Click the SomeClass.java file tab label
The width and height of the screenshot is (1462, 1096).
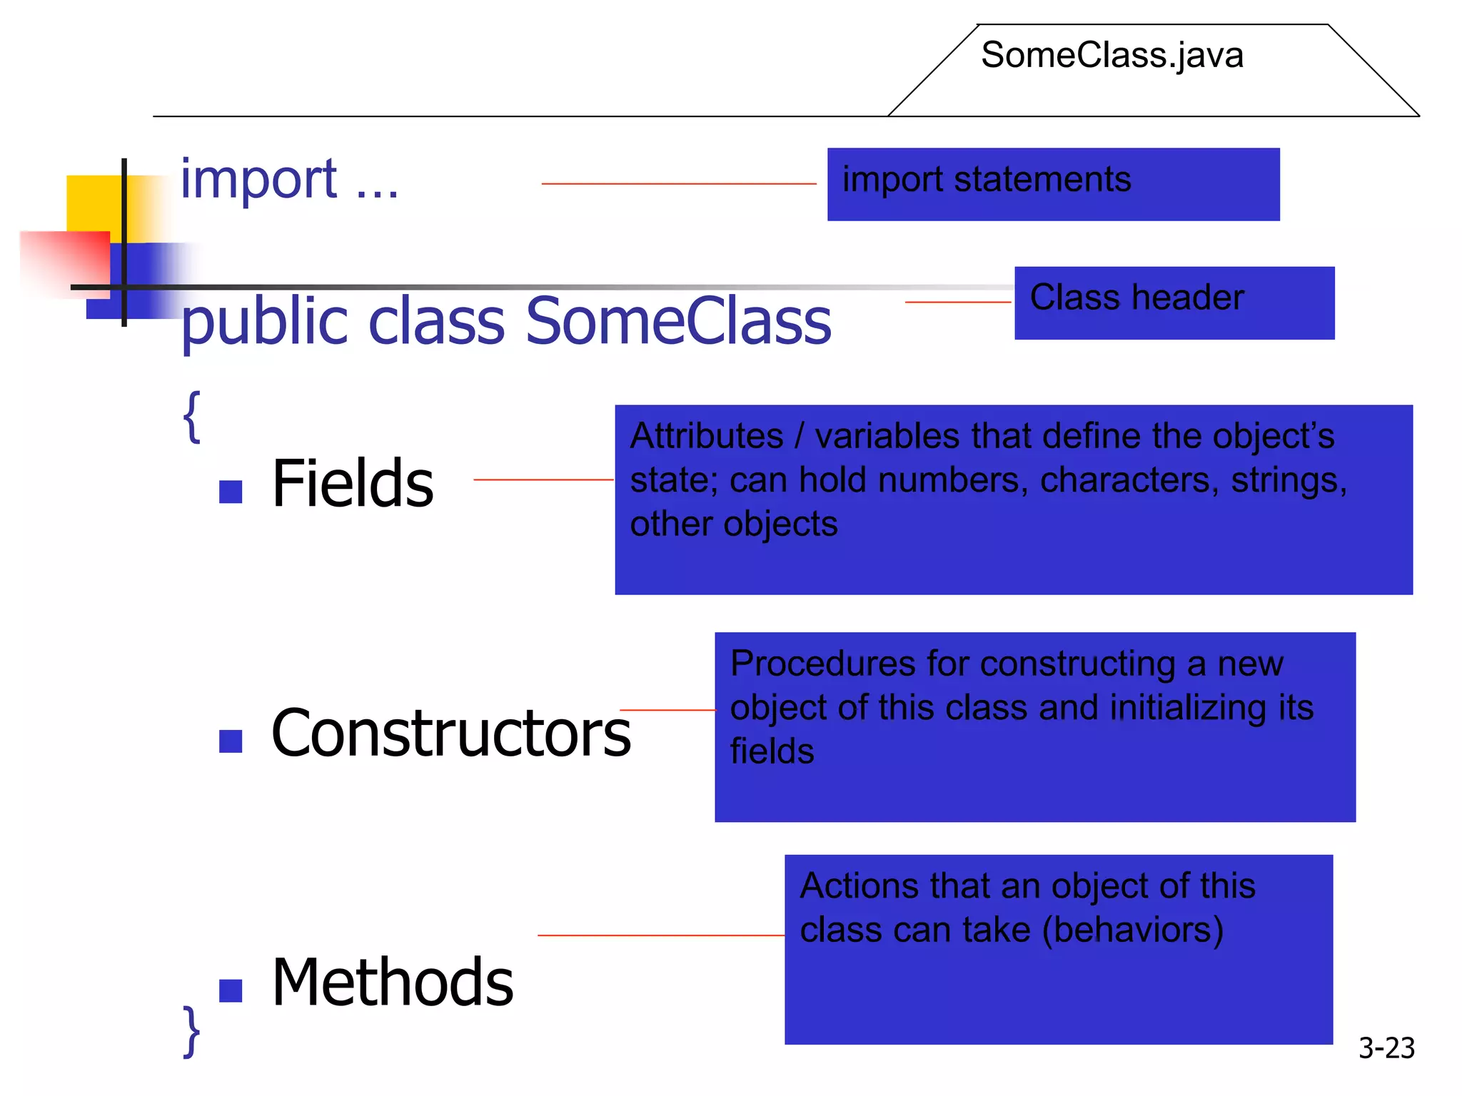1111,56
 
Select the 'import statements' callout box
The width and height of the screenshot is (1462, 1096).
1053,184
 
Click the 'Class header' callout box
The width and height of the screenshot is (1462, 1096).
1174,303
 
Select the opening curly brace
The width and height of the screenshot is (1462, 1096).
191,417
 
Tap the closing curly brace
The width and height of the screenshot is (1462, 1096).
191,1032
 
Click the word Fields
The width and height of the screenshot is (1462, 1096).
353,484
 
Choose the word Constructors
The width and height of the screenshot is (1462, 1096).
451,734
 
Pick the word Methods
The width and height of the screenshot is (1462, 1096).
393,983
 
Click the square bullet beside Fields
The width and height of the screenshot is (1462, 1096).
231,492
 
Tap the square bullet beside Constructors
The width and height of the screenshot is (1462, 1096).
231,741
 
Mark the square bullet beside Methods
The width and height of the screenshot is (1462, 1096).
231,990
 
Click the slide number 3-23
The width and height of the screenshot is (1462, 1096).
1386,1047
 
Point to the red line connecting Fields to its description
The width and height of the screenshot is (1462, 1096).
543,479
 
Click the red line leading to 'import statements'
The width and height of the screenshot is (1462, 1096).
678,184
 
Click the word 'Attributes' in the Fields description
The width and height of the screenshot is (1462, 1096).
707,436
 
